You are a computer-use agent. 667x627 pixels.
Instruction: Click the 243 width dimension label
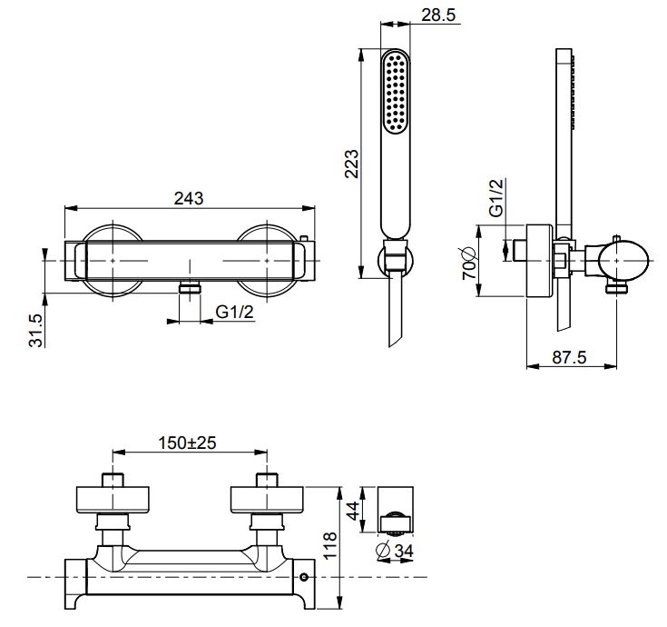(188, 197)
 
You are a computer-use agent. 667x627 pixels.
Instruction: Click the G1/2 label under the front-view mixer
(235, 312)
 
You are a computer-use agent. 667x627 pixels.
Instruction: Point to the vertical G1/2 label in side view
(496, 197)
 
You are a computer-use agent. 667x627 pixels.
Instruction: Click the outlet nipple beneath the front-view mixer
(189, 288)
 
